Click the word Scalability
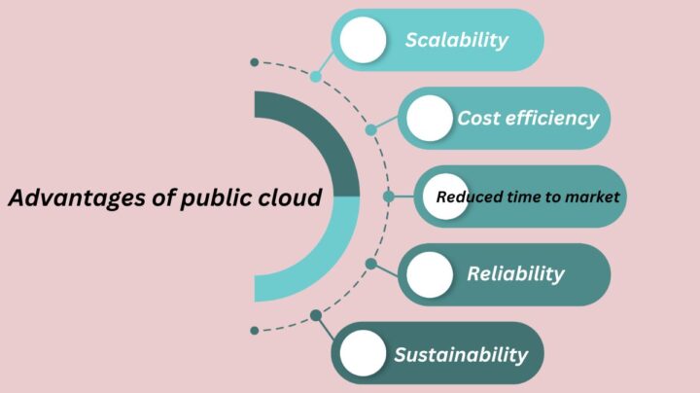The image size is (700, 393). (456, 40)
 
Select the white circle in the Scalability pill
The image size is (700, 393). (363, 40)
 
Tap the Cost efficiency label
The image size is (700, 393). (528, 119)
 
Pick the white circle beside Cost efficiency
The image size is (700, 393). (430, 119)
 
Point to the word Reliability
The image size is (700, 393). (515, 274)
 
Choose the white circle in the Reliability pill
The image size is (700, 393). (430, 274)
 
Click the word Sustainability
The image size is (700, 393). (461, 355)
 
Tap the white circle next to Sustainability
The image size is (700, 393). (363, 353)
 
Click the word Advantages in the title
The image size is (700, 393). (77, 198)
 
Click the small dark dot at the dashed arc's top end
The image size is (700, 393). (255, 62)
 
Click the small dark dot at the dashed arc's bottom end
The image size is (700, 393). (255, 331)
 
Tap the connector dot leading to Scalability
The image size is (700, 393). (316, 77)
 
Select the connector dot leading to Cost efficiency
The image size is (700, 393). (371, 130)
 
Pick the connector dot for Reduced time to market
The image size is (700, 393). (388, 196)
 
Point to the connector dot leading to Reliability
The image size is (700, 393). (371, 264)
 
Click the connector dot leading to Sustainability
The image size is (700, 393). (316, 315)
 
